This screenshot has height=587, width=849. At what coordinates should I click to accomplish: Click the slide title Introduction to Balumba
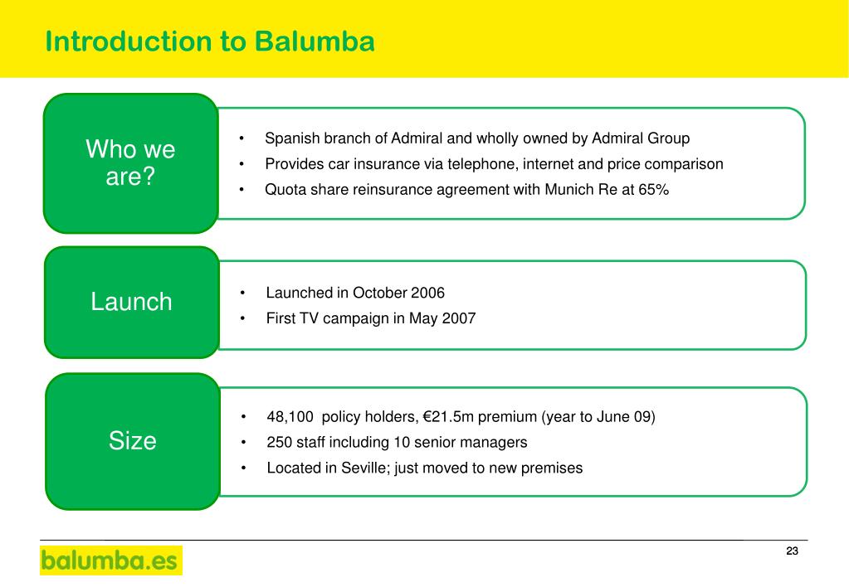(x=210, y=41)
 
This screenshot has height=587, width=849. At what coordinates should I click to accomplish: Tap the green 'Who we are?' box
(x=130, y=163)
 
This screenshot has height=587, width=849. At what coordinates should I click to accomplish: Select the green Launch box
(x=131, y=302)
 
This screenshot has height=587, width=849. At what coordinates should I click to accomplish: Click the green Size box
(x=132, y=441)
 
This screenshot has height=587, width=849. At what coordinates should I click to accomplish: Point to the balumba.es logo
(x=110, y=560)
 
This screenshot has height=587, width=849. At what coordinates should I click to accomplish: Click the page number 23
(x=792, y=552)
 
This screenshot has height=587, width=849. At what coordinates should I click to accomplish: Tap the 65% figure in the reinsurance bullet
(x=653, y=190)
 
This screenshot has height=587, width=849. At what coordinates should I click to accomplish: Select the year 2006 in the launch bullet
(x=427, y=293)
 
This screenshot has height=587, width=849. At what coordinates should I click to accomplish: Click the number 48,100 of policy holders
(x=290, y=417)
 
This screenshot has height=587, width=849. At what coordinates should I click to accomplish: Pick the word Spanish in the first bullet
(x=290, y=138)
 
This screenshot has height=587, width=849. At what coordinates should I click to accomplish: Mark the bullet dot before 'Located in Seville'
(x=245, y=468)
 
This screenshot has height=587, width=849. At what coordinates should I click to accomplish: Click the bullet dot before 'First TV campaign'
(x=244, y=318)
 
